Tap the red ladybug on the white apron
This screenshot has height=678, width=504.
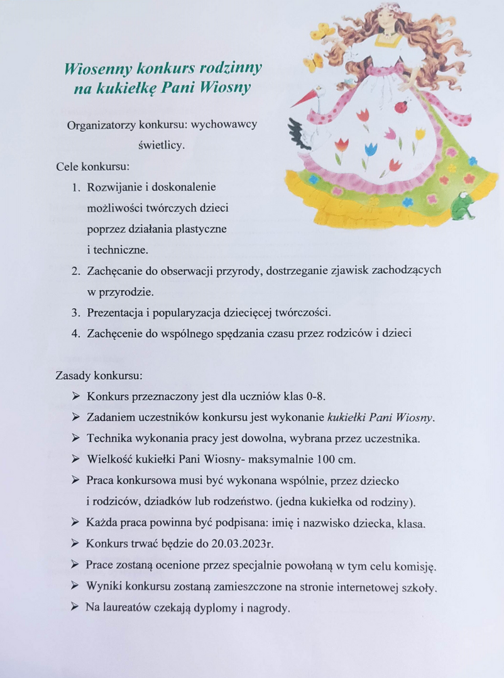pos(400,106)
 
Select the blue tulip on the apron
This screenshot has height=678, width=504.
pos(371,150)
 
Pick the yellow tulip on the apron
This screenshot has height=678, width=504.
pos(420,134)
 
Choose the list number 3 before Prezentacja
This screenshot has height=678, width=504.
pos(75,313)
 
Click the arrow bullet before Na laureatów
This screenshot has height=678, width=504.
pos(75,608)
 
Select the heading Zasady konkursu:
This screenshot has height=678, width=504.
pos(99,376)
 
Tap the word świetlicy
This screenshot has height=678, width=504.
pos(161,145)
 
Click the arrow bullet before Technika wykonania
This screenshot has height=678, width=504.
pos(75,438)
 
